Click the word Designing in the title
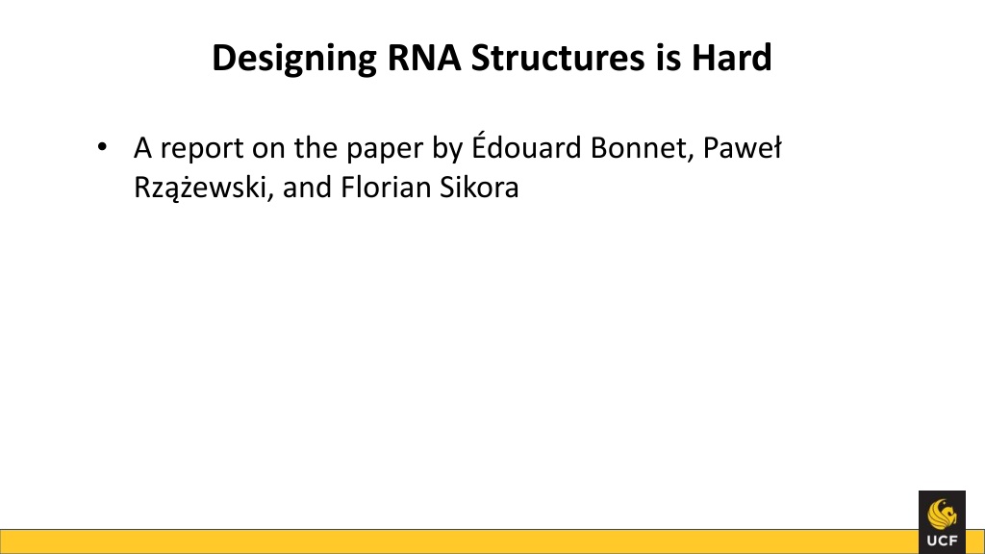point(294,59)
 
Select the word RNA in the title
point(424,57)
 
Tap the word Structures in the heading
point(558,57)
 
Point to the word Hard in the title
point(731,57)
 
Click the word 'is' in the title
point(669,57)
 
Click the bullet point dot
point(102,147)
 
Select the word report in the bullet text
point(202,150)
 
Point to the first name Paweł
point(742,148)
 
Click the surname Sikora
point(479,188)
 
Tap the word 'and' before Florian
point(307,188)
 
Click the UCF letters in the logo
point(943,541)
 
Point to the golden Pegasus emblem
point(943,515)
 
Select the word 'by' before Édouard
point(447,149)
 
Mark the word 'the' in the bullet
point(316,148)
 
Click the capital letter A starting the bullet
point(143,149)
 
